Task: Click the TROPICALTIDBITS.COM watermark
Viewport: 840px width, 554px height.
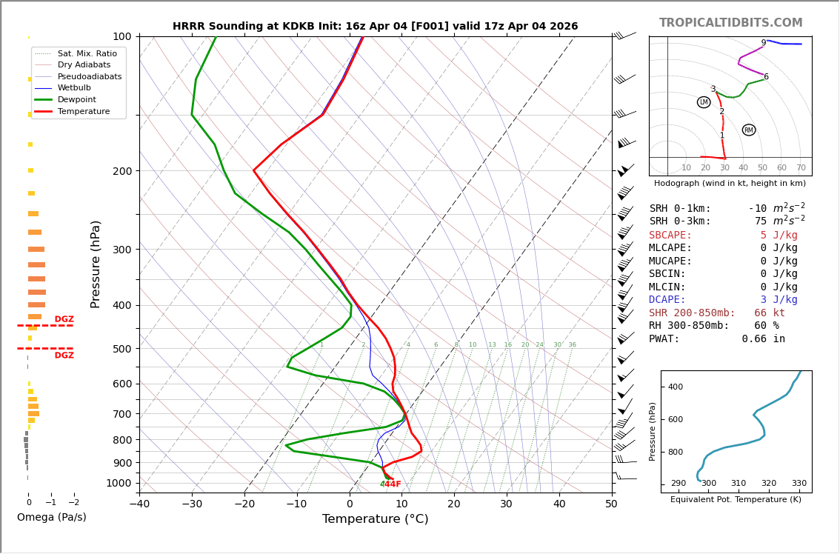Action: click(730, 23)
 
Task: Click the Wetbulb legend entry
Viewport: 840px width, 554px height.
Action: click(73, 87)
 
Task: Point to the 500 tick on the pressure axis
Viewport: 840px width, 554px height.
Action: click(122, 349)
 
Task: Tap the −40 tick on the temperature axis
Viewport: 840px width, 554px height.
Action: click(139, 504)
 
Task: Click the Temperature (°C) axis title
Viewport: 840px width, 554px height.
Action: click(375, 519)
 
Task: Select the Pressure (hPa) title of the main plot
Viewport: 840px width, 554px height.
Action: click(96, 264)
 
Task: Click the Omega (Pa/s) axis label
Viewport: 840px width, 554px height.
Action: click(51, 517)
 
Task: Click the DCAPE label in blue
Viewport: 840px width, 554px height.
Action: click(667, 300)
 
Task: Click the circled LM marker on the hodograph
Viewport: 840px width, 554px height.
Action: click(704, 102)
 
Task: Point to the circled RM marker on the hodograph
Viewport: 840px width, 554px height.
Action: click(749, 130)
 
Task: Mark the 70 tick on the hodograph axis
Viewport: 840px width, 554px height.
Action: click(801, 167)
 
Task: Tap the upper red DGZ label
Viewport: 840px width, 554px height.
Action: click(64, 319)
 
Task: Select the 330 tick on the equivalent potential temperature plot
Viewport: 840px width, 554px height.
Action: click(799, 484)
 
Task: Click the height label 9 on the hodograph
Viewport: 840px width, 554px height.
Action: click(763, 43)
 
